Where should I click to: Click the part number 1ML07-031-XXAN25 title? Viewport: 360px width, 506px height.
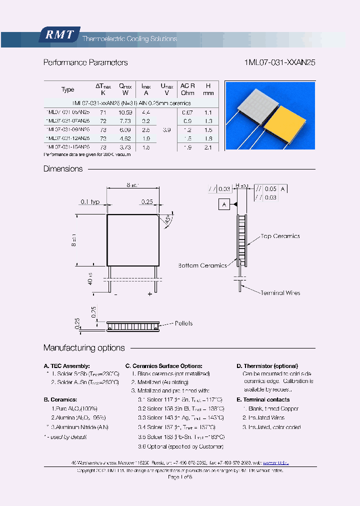point(279,63)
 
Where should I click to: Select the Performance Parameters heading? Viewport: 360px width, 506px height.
point(85,63)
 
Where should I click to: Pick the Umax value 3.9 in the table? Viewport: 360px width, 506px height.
point(166,129)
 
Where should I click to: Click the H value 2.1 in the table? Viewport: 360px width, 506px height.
point(208,147)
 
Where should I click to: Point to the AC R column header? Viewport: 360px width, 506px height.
point(187,89)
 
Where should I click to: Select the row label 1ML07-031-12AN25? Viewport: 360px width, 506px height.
point(67,138)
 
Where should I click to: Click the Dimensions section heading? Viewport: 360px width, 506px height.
point(63,169)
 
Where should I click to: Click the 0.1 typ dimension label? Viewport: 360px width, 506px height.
point(90,201)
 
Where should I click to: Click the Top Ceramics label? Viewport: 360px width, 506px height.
point(280,236)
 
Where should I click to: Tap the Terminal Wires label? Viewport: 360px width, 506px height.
point(280,292)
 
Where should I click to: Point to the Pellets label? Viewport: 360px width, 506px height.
point(183,323)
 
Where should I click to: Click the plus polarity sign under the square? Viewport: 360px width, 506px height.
point(149,294)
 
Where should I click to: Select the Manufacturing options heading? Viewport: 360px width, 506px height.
point(84,348)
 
